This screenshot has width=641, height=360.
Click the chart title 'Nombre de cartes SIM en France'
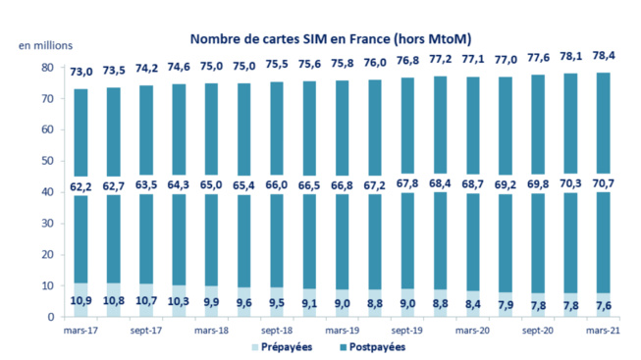point(330,39)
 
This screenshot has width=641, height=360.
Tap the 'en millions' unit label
point(44,46)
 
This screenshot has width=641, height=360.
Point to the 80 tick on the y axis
point(46,68)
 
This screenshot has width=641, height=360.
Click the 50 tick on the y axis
point(46,161)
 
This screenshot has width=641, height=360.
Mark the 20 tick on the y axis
point(46,255)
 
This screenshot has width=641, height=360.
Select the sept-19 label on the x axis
point(405,332)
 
